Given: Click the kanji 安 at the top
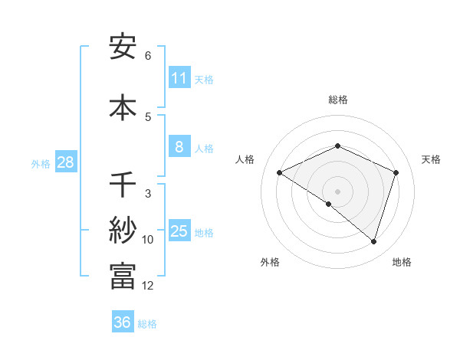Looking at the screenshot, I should (x=123, y=47).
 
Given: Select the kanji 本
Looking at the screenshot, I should (x=123, y=106).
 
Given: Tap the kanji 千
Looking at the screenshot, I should (x=123, y=185).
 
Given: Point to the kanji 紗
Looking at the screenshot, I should (x=123, y=231).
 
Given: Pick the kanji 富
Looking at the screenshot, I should (x=123, y=276).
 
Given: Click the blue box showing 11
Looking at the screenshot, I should (x=179, y=78).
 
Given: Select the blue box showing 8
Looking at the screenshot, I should (x=179, y=147).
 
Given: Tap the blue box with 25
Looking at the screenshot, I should (x=179, y=231).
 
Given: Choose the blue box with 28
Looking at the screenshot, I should (x=65, y=162).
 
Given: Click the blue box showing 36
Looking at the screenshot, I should (x=123, y=322).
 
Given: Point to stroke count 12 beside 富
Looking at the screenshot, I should (x=148, y=286).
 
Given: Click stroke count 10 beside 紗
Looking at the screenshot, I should (x=148, y=240).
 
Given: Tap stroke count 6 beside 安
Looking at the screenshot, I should (x=148, y=56).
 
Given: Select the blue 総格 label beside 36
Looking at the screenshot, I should (x=147, y=324).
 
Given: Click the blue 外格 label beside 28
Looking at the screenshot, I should (x=41, y=163).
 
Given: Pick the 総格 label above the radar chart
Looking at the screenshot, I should (x=337, y=100).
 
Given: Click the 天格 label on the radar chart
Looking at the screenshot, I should (x=431, y=159).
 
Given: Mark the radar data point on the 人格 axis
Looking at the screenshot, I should (x=280, y=172).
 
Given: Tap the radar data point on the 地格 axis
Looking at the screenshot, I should (x=373, y=241).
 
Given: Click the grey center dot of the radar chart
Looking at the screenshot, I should (x=337, y=191).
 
